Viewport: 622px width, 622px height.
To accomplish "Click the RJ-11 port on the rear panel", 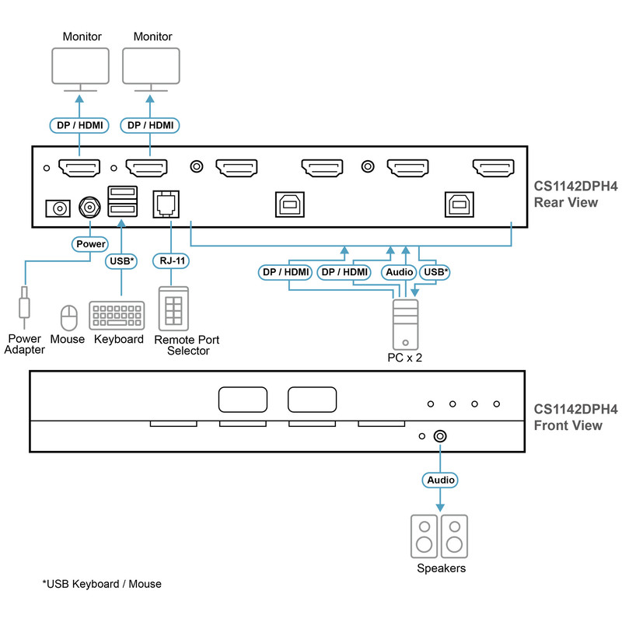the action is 166,204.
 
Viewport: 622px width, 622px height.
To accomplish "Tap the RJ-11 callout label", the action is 171,260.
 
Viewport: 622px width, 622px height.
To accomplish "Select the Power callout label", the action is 90,244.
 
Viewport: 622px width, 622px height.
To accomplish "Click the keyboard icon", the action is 117,316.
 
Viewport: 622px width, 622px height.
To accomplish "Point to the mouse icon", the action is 68,318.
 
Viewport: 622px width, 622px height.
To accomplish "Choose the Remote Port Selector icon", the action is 173,309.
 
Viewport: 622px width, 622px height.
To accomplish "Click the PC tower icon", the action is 405,324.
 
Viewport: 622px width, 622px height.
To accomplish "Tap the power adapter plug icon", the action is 24,307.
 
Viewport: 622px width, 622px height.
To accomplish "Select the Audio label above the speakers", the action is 440,480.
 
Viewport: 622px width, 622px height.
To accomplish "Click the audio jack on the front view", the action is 440,436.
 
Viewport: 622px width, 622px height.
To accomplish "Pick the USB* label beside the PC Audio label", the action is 435,272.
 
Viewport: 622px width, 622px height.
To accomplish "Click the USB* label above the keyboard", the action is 121,261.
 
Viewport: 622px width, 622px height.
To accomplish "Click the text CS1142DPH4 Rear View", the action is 575,194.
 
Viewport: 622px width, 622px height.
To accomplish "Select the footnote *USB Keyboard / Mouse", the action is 102,584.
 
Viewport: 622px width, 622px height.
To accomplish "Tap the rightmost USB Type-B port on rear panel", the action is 459,204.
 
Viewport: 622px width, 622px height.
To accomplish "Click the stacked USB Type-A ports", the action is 123,201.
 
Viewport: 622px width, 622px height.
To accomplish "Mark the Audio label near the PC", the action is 399,272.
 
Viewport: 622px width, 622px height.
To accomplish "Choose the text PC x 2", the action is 404,358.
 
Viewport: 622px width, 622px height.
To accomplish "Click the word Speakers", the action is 441,568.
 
